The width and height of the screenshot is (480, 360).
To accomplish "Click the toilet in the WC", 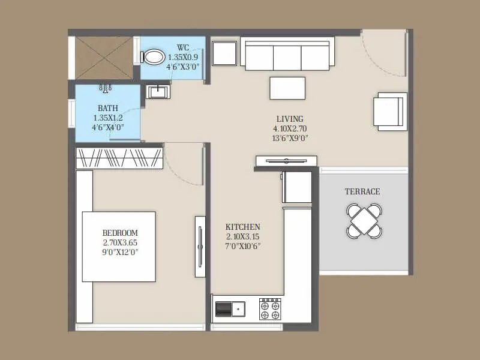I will (x=154, y=57).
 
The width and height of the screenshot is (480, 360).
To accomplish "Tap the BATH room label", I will (x=108, y=109).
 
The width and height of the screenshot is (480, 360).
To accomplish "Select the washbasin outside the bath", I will (x=158, y=91).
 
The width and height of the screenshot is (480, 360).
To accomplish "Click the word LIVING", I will (x=290, y=119).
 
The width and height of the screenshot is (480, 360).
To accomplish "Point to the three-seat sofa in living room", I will (x=287, y=56).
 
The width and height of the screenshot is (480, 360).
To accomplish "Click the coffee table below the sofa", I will (x=287, y=88).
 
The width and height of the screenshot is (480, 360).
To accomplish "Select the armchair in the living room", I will (x=390, y=111).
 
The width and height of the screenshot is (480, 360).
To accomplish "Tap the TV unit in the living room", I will (x=286, y=160).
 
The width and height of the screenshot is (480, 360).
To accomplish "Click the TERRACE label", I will (x=362, y=192).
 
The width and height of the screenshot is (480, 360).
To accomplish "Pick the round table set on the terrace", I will (x=364, y=220).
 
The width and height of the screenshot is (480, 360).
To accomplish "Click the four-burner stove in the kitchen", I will (x=270, y=308).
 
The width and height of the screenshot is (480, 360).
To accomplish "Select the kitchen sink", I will (x=230, y=308).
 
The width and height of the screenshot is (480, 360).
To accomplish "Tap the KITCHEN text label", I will (x=242, y=227).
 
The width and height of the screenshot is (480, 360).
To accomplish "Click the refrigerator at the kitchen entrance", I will (x=297, y=187).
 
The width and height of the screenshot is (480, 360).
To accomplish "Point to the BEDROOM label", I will (x=120, y=233).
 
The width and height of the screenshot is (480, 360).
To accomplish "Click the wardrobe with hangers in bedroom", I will (x=119, y=158).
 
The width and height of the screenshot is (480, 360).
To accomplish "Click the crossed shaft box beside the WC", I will (x=103, y=58).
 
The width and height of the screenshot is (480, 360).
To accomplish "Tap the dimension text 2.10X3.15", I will (x=242, y=236).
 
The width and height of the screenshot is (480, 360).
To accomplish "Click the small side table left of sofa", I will (x=224, y=53).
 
